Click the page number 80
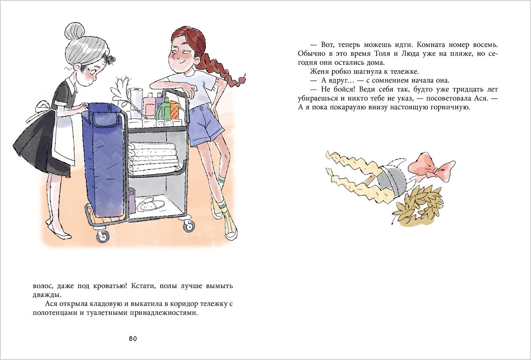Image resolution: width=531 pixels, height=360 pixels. point(133,339)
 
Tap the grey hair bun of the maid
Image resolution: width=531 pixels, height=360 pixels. point(74,31)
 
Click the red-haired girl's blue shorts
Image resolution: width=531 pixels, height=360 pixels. point(206,125)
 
